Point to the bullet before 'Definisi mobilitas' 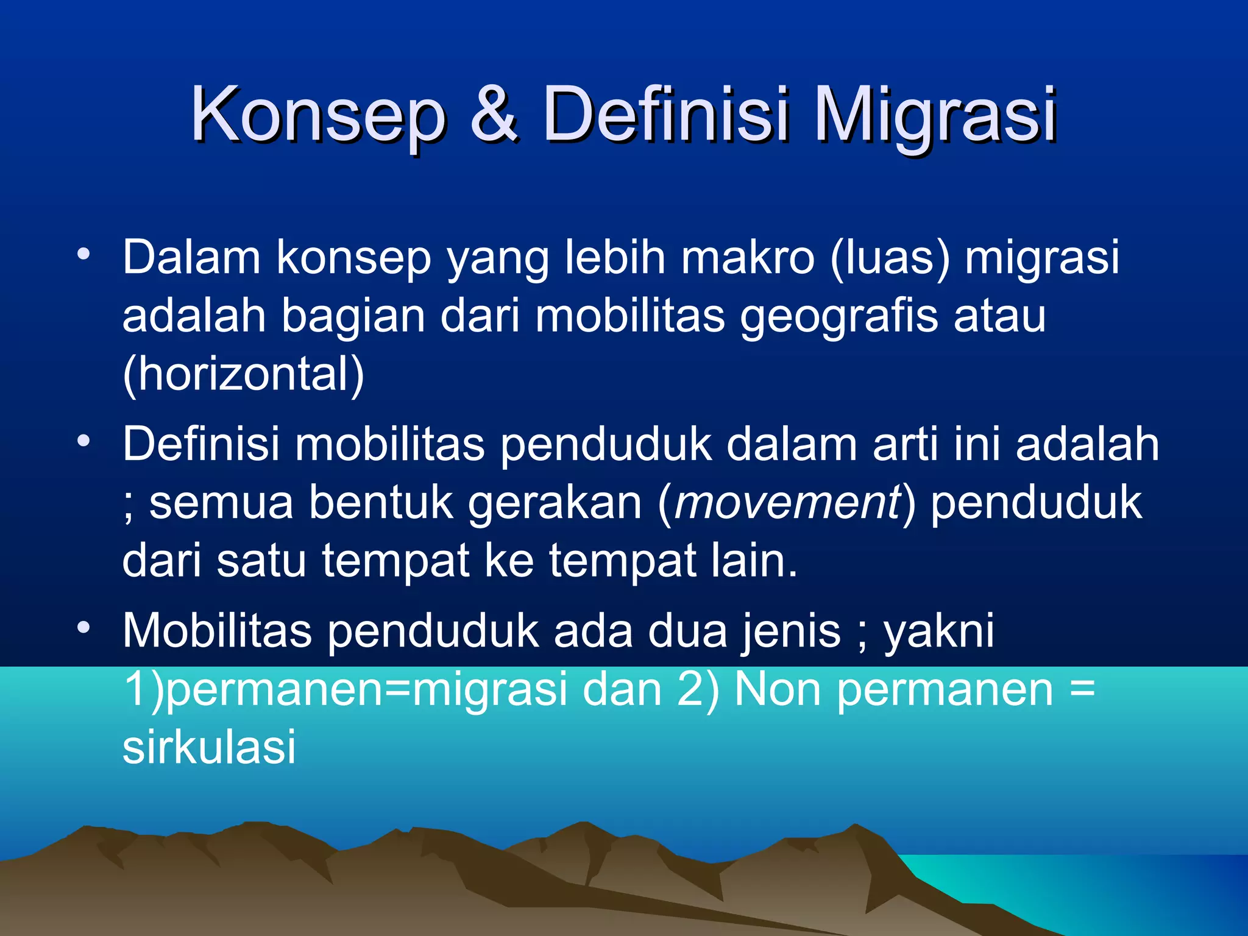pos(84,440)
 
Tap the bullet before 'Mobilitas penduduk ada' pos(84,627)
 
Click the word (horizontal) pos(243,374)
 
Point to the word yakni pos(938,631)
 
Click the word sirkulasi pos(209,746)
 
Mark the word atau pos(999,317)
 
